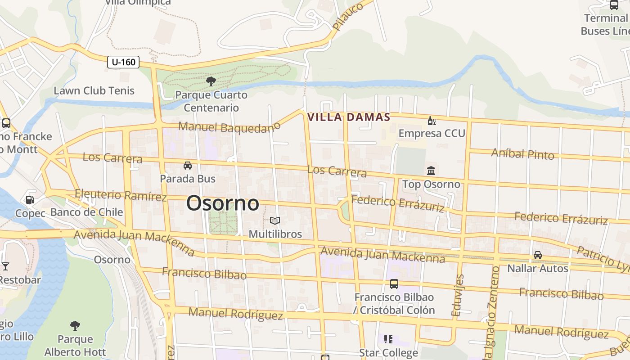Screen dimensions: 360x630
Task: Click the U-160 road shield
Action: click(x=123, y=62)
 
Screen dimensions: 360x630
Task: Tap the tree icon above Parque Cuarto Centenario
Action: click(x=211, y=81)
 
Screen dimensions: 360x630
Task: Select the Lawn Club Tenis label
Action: click(x=94, y=90)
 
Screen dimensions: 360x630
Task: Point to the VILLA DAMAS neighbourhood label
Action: click(x=348, y=117)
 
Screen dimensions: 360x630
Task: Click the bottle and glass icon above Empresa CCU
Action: click(x=432, y=121)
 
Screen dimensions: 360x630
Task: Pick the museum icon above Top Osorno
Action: click(x=431, y=171)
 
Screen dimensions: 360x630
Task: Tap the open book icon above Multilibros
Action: click(x=275, y=220)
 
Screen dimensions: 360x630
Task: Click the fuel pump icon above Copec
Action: click(x=30, y=199)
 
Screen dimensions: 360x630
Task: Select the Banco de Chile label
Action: click(x=87, y=212)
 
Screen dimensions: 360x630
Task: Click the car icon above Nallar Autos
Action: click(x=537, y=255)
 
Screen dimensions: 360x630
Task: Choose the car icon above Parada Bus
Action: click(x=188, y=166)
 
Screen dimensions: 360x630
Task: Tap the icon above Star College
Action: click(x=388, y=339)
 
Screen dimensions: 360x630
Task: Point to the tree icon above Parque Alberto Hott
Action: click(x=75, y=325)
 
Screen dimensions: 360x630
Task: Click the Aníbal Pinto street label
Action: click(x=522, y=153)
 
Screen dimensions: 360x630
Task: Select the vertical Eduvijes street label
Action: click(x=459, y=294)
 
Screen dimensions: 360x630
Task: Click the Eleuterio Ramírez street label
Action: click(x=121, y=195)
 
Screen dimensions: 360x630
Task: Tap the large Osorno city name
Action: click(x=223, y=203)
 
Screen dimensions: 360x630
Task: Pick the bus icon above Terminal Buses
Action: click(x=614, y=5)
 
